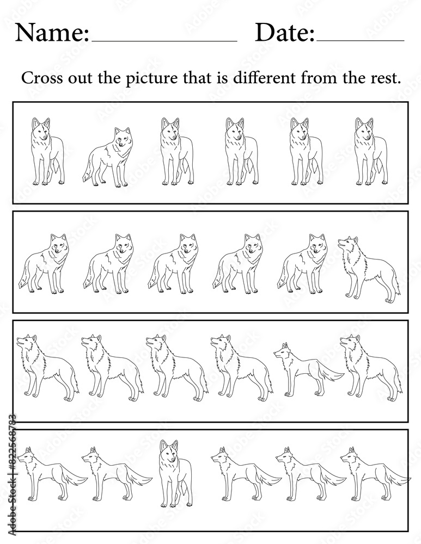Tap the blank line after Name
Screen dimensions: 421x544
point(164,41)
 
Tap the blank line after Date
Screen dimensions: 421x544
point(360,41)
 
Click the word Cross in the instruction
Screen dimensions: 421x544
point(42,78)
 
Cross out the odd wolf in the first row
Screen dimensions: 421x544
point(108,157)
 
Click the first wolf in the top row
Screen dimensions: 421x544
point(47,151)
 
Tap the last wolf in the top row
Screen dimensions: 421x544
point(371,151)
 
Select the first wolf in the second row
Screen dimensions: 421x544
point(44,264)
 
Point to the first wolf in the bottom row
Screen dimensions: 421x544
point(52,474)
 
